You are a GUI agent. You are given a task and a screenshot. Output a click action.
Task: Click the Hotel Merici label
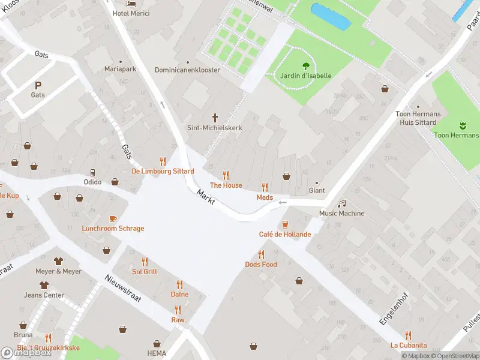(131, 13)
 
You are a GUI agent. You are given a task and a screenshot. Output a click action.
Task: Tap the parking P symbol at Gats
(38, 85)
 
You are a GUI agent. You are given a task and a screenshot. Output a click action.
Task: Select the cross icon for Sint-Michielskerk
(215, 118)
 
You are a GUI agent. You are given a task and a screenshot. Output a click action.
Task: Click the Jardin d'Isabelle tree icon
(306, 66)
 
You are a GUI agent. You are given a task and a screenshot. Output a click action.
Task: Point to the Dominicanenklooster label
(187, 70)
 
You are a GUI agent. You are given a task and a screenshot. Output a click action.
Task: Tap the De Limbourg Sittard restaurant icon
(163, 161)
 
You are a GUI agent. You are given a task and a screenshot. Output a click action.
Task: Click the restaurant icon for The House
(226, 175)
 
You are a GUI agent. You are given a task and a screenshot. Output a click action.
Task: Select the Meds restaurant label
(265, 197)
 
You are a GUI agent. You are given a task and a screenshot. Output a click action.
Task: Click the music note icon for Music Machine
(342, 203)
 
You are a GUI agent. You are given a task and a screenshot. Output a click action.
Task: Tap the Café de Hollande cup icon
(285, 224)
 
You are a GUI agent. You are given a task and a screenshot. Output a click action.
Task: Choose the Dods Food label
(261, 265)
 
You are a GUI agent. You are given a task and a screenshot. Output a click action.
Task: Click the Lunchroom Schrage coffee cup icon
(113, 218)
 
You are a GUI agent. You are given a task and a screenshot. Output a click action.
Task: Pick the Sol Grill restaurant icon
(145, 262)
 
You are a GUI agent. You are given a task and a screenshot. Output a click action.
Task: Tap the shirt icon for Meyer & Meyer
(58, 261)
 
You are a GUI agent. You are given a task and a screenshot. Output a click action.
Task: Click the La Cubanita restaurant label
(409, 345)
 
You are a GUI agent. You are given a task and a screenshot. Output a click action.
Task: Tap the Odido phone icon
(92, 173)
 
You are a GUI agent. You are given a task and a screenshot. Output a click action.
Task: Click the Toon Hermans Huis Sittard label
(418, 118)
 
